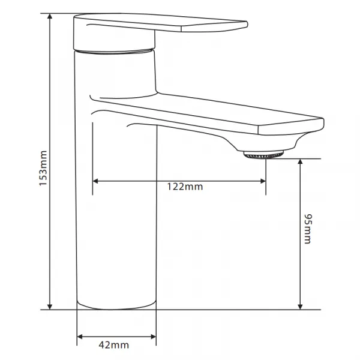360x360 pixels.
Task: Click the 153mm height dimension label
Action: coord(43,168)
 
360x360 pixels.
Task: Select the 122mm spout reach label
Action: coord(185,187)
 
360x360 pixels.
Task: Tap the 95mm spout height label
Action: coord(308,229)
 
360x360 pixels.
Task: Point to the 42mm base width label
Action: coord(114,345)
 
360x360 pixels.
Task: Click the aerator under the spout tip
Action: coord(263,155)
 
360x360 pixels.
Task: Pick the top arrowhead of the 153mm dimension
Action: coord(50,16)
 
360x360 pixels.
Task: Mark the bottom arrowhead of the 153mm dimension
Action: coord(50,307)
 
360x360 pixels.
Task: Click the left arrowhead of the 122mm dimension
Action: coord(95,181)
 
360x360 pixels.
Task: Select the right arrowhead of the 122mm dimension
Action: coord(263,181)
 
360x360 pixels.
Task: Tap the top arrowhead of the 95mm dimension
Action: coord(300,161)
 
